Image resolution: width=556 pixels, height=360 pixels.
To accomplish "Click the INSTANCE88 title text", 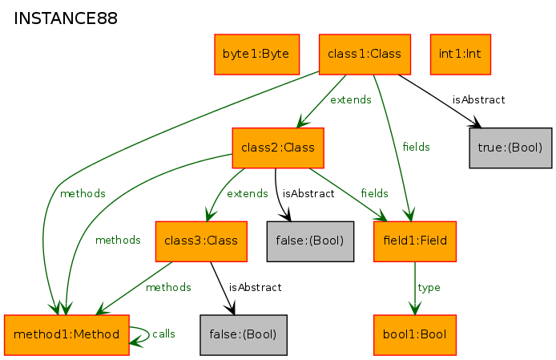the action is coord(65,18).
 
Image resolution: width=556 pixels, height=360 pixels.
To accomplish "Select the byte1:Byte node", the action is coord(256,55).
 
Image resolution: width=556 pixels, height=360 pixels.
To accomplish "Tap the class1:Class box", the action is coord(365,55).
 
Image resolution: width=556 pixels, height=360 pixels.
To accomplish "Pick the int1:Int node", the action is coord(461,55).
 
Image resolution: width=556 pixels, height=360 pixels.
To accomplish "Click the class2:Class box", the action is coord(278,148).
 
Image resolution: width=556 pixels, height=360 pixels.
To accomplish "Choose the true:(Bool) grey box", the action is coord(510,148).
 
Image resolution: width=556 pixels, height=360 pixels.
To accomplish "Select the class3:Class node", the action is coord(201,241).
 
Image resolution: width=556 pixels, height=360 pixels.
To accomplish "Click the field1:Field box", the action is coord(415,241).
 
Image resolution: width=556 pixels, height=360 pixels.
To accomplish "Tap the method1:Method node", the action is coord(66,335).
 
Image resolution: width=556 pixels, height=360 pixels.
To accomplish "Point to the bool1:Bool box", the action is coord(415,335).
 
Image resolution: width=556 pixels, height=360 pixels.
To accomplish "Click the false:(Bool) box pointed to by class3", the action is coord(244,335).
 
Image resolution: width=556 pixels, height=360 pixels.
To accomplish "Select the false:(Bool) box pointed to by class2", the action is coord(310,241).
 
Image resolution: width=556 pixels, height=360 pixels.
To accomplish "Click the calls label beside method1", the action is coord(163,334).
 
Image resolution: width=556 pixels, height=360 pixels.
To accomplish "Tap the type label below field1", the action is coord(429,287).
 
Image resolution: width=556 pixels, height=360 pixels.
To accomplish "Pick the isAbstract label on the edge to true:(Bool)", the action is coord(479,99).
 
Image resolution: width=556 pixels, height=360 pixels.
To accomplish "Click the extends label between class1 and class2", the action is coord(351,99).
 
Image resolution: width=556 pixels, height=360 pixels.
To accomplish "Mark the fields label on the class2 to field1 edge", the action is coord(374,193).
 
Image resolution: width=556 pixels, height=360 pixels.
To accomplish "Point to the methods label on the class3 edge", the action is coord(168,287).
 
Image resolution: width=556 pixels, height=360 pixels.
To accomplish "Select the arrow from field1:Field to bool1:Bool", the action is coord(415,289).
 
